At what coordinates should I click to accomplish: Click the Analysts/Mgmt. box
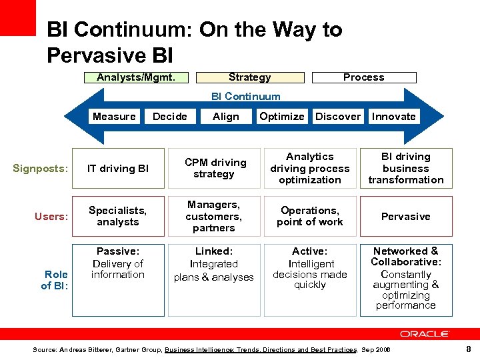[136, 77]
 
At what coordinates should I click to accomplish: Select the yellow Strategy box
[249, 77]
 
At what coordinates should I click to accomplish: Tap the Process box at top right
[363, 77]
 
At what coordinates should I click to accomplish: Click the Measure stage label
[114, 117]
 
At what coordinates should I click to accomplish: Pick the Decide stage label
[170, 117]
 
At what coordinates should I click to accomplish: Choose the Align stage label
[226, 117]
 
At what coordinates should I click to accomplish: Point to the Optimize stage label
[282, 117]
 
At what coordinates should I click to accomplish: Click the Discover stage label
[338, 117]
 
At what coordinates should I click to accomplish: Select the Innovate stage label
[394, 117]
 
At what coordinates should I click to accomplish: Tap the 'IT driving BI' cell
[118, 168]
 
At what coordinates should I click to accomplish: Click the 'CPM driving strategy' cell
[214, 168]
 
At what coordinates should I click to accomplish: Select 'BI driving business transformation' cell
[405, 168]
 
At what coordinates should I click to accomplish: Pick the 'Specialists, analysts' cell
[118, 216]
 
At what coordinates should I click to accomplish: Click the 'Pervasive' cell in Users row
[405, 216]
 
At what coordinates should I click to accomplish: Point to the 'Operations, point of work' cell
[310, 216]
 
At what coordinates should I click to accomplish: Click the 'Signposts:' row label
[41, 168]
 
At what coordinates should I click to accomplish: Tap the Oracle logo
[425, 334]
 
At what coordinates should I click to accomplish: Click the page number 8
[469, 349]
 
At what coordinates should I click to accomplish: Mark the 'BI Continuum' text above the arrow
[246, 97]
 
